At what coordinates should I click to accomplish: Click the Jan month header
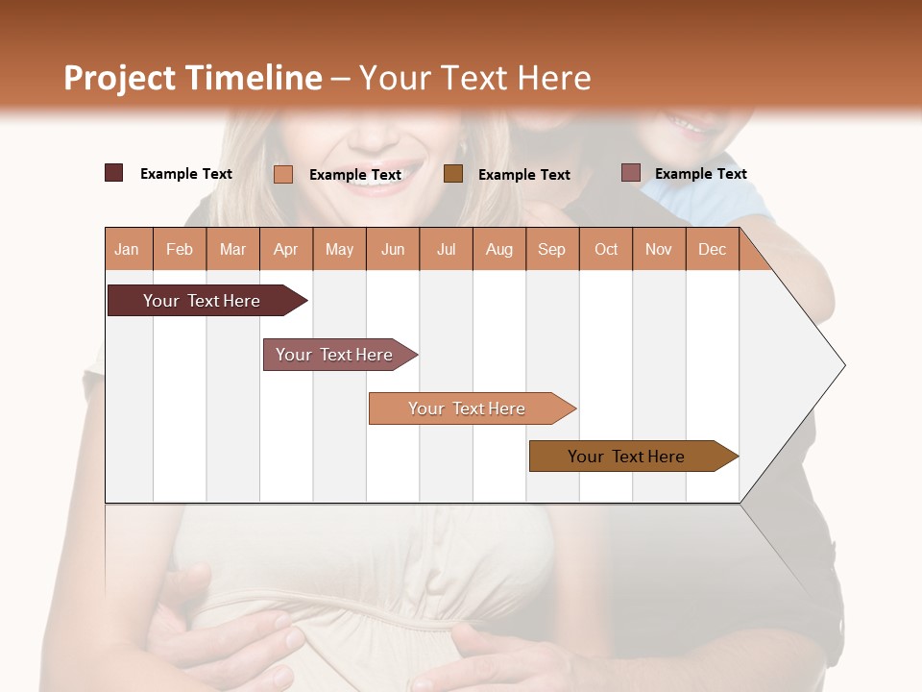pos(127,249)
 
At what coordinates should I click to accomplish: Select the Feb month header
pos(180,249)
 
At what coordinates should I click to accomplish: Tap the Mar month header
pos(232,249)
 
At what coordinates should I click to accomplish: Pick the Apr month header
pos(285,249)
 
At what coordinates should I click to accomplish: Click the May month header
pos(339,249)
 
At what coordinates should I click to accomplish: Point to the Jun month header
pos(393,249)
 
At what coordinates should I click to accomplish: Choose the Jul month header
pos(446,249)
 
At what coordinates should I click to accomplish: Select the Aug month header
pos(498,249)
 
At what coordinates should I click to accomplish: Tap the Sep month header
pos(551,249)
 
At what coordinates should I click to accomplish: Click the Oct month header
pos(606,249)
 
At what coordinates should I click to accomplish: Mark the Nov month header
pos(659,249)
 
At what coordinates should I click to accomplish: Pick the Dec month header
pos(712,249)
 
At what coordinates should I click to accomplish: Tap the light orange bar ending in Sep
pos(468,408)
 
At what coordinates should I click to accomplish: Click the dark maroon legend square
pos(113,173)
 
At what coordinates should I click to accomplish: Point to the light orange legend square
pos(283,174)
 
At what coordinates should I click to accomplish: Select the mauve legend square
pos(630,173)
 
